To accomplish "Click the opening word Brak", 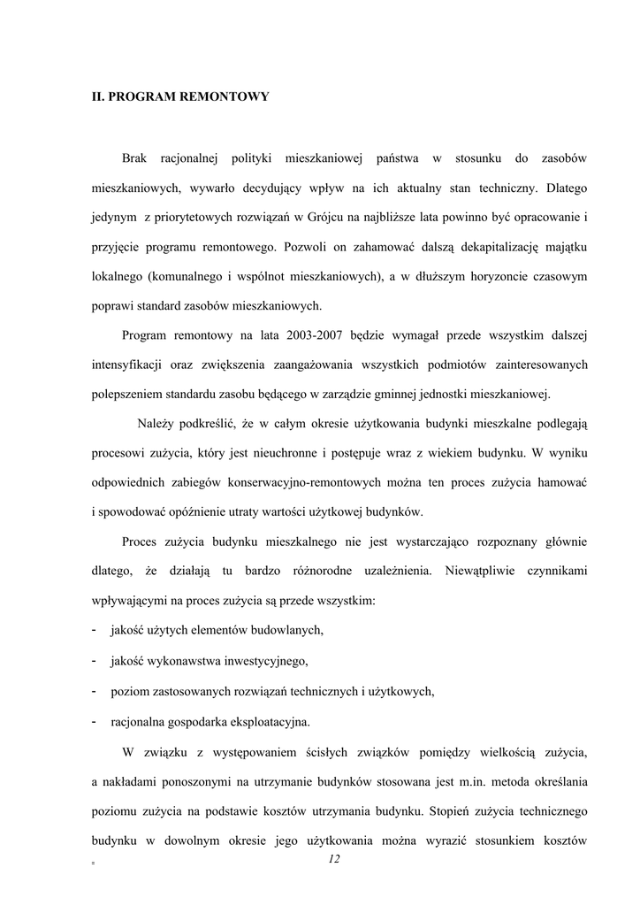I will coord(133,158).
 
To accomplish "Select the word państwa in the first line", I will coord(397,158).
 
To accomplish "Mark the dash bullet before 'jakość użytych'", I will coord(95,630).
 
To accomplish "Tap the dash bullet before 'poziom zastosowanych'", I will coord(95,690).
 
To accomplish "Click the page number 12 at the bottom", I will coord(333,860).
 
